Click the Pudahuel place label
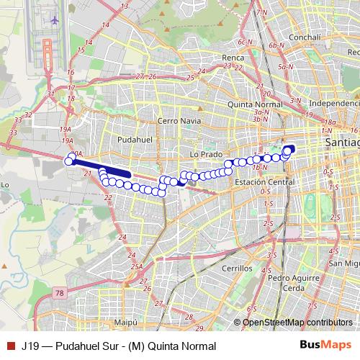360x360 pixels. coord(131,136)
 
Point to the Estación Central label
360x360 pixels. coord(266,183)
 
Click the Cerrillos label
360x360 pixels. coord(234,267)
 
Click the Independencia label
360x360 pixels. coord(333,104)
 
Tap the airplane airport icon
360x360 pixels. coord(55,19)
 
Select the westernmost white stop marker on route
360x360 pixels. coord(69,161)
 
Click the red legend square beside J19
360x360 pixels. coord(9,346)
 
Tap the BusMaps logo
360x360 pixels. coord(326,346)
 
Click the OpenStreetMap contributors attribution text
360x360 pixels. coord(297,322)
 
